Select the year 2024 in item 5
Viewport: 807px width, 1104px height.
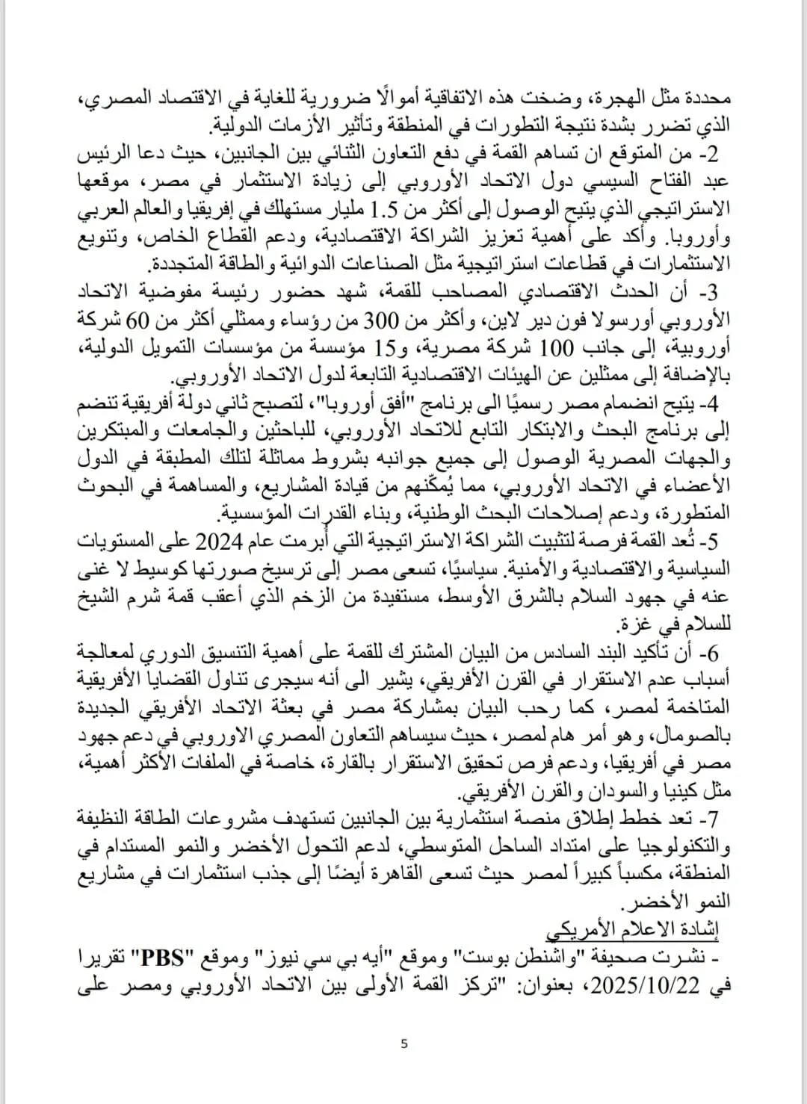click(216, 541)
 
